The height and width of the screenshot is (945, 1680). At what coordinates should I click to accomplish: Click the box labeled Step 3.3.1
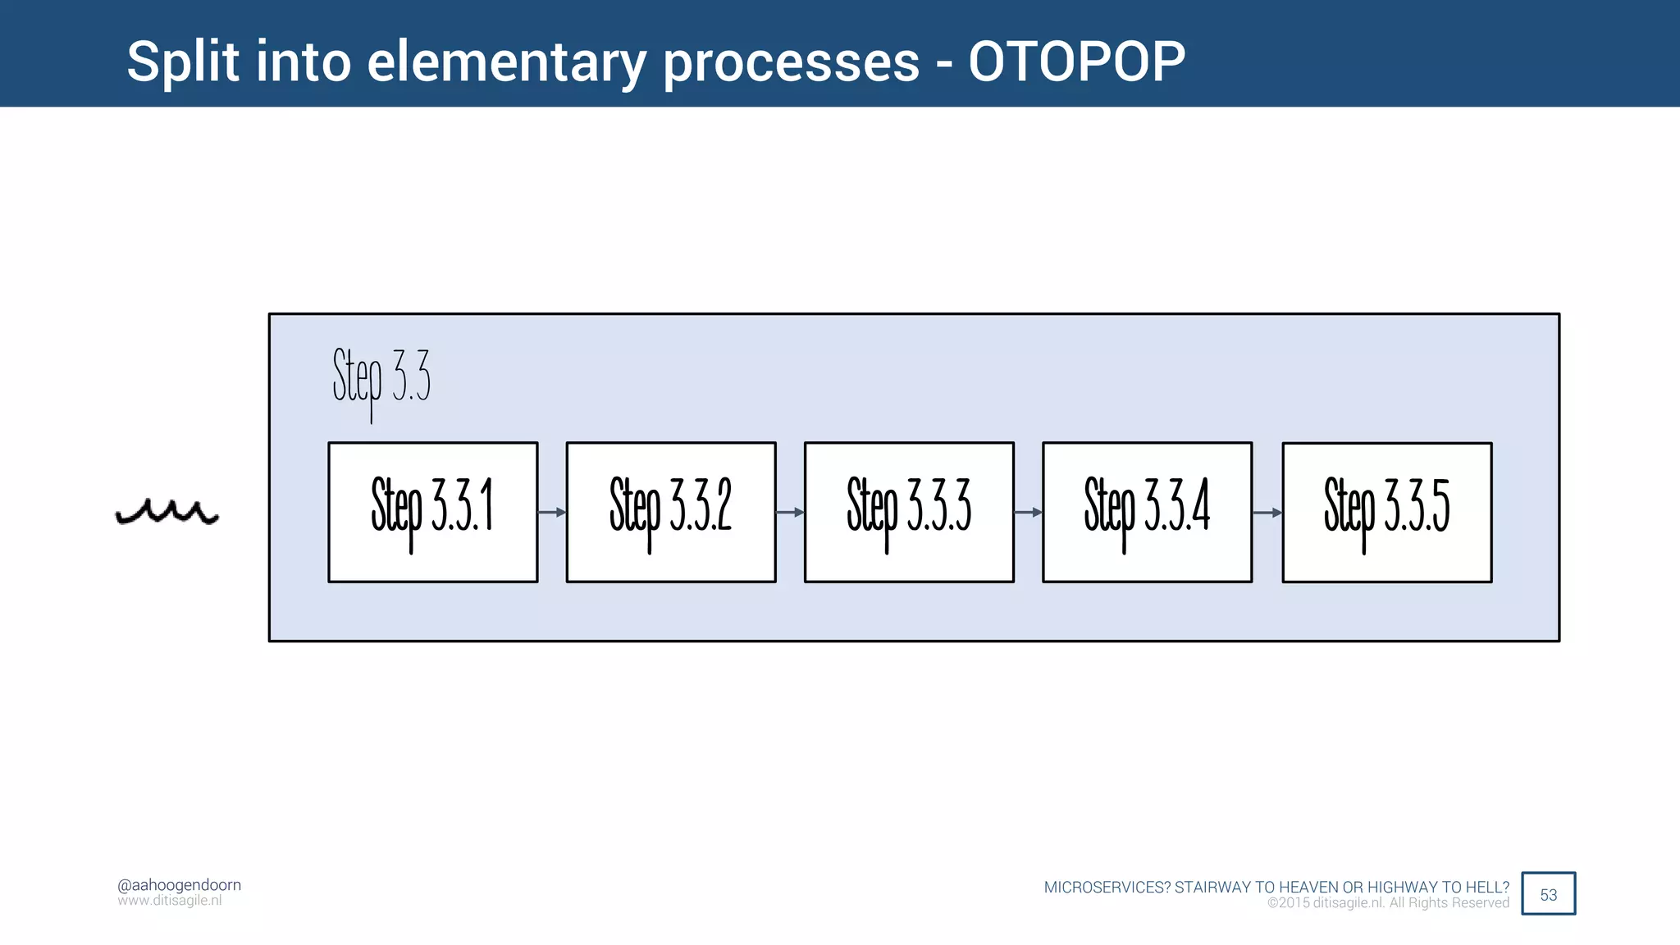pyautogui.click(x=433, y=512)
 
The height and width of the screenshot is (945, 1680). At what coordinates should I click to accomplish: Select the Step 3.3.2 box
pyautogui.click(x=671, y=512)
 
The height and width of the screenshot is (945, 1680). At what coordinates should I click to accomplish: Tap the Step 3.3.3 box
pyautogui.click(x=909, y=512)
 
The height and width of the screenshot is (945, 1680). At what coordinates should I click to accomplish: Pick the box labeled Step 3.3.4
pyautogui.click(x=1147, y=512)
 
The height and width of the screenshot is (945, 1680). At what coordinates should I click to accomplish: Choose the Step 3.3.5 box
pyautogui.click(x=1386, y=512)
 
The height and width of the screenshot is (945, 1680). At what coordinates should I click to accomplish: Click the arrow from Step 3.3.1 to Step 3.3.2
pyautogui.click(x=552, y=512)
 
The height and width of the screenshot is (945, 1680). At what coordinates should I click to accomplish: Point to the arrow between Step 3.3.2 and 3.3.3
pyautogui.click(x=790, y=512)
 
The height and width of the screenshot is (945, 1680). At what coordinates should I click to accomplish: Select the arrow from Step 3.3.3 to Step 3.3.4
pyautogui.click(x=1028, y=512)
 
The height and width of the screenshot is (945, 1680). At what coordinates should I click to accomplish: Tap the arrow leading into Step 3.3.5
pyautogui.click(x=1267, y=512)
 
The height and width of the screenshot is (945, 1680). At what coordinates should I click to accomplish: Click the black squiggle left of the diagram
pyautogui.click(x=167, y=512)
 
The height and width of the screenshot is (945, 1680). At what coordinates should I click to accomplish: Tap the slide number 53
pyautogui.click(x=1548, y=894)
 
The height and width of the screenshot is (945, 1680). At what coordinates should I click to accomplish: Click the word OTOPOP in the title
pyautogui.click(x=1076, y=62)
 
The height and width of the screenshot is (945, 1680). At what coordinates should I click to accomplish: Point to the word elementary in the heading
pyautogui.click(x=506, y=62)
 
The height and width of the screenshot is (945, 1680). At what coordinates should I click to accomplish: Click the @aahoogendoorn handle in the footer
pyautogui.click(x=179, y=884)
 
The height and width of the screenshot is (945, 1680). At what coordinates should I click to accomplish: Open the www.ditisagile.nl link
pyautogui.click(x=169, y=901)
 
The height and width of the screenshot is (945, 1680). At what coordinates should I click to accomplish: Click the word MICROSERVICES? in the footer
pyautogui.click(x=1107, y=887)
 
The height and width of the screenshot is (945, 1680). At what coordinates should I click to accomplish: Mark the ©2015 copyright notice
pyautogui.click(x=1388, y=903)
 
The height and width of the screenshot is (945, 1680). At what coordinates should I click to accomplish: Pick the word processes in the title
pyautogui.click(x=791, y=62)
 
